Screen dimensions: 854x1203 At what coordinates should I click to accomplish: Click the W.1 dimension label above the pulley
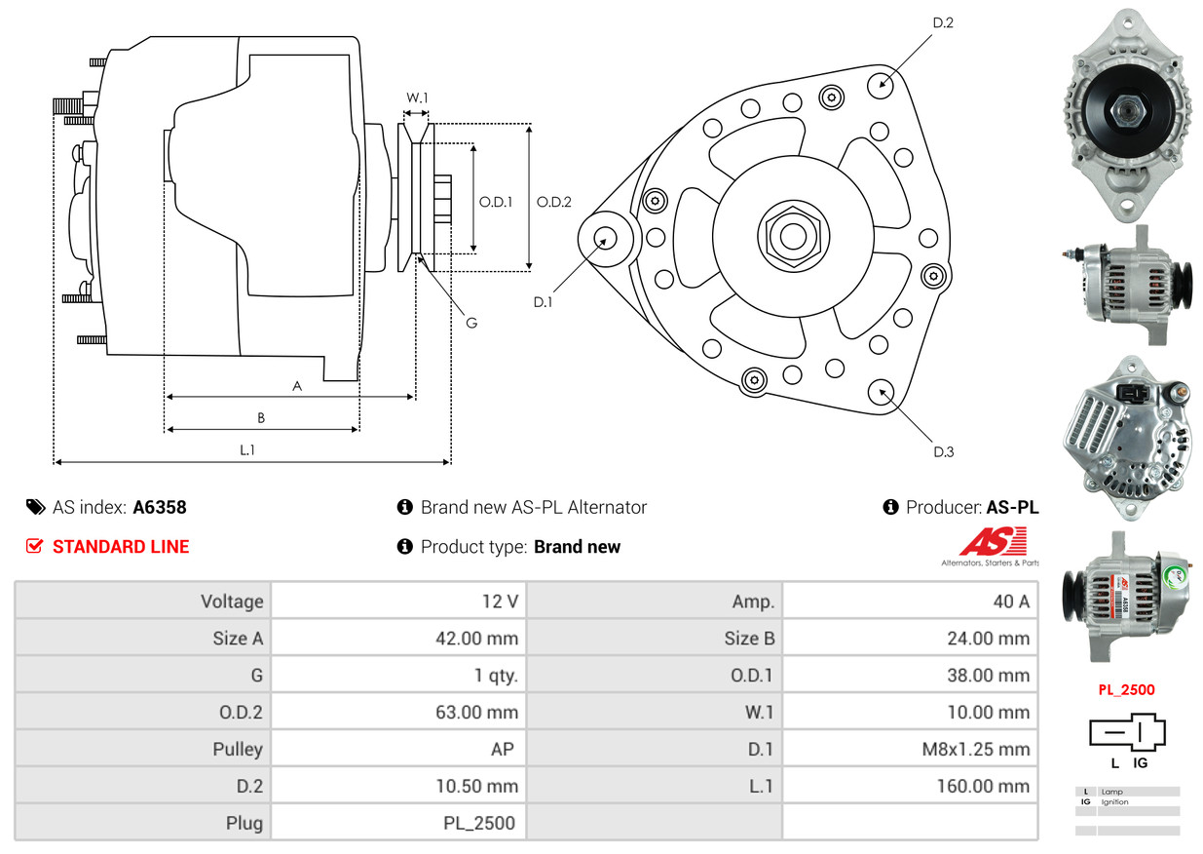tap(417, 97)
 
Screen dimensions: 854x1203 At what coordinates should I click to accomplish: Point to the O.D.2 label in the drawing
tap(553, 203)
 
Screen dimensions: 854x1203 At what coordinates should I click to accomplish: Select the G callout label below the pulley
tap(470, 323)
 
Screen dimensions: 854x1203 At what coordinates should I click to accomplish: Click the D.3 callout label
tap(943, 451)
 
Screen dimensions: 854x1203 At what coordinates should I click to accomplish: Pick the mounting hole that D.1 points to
tap(606, 238)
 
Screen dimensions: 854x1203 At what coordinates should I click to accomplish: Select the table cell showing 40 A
tap(1010, 602)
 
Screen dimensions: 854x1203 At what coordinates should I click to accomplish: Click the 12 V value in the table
tap(500, 602)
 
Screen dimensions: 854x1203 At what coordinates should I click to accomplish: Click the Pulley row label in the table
tap(238, 750)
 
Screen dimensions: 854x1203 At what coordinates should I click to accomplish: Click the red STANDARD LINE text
tap(121, 547)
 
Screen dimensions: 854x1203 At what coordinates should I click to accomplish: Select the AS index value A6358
tap(160, 507)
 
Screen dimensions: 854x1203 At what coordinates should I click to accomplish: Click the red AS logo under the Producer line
tap(993, 543)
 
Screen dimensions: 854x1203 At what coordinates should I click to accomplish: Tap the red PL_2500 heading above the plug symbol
tap(1126, 690)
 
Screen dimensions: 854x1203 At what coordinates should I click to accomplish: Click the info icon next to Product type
tap(405, 547)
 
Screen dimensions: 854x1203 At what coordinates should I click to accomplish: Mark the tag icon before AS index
tap(35, 507)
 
